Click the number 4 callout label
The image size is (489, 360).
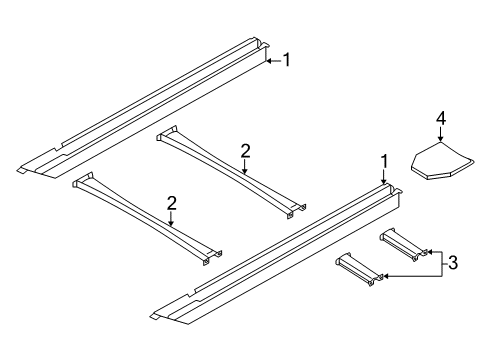[x=441, y=119]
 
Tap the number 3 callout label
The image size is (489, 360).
[x=453, y=263]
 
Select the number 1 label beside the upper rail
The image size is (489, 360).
[x=286, y=60]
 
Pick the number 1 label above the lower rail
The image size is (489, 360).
[x=385, y=162]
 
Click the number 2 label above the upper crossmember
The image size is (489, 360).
[x=245, y=151]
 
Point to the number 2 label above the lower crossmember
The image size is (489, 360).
[x=171, y=203]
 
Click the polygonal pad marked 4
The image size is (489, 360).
[x=442, y=161]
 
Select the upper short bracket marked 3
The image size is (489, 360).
[x=404, y=245]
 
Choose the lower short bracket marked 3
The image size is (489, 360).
[x=360, y=269]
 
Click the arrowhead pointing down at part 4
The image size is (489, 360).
[x=441, y=139]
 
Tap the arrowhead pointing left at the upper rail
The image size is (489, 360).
[x=270, y=61]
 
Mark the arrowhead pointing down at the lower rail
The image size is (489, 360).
[x=384, y=181]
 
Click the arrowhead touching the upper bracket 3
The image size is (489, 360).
[x=430, y=252]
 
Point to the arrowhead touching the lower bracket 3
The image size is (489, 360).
[x=386, y=276]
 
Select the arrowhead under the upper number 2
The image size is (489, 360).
[x=245, y=171]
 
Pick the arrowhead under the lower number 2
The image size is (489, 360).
[x=171, y=223]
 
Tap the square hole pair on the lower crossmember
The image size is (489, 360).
[x=212, y=258]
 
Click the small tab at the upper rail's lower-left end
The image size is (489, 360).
[x=22, y=170]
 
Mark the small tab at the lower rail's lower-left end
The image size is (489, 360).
[x=156, y=316]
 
